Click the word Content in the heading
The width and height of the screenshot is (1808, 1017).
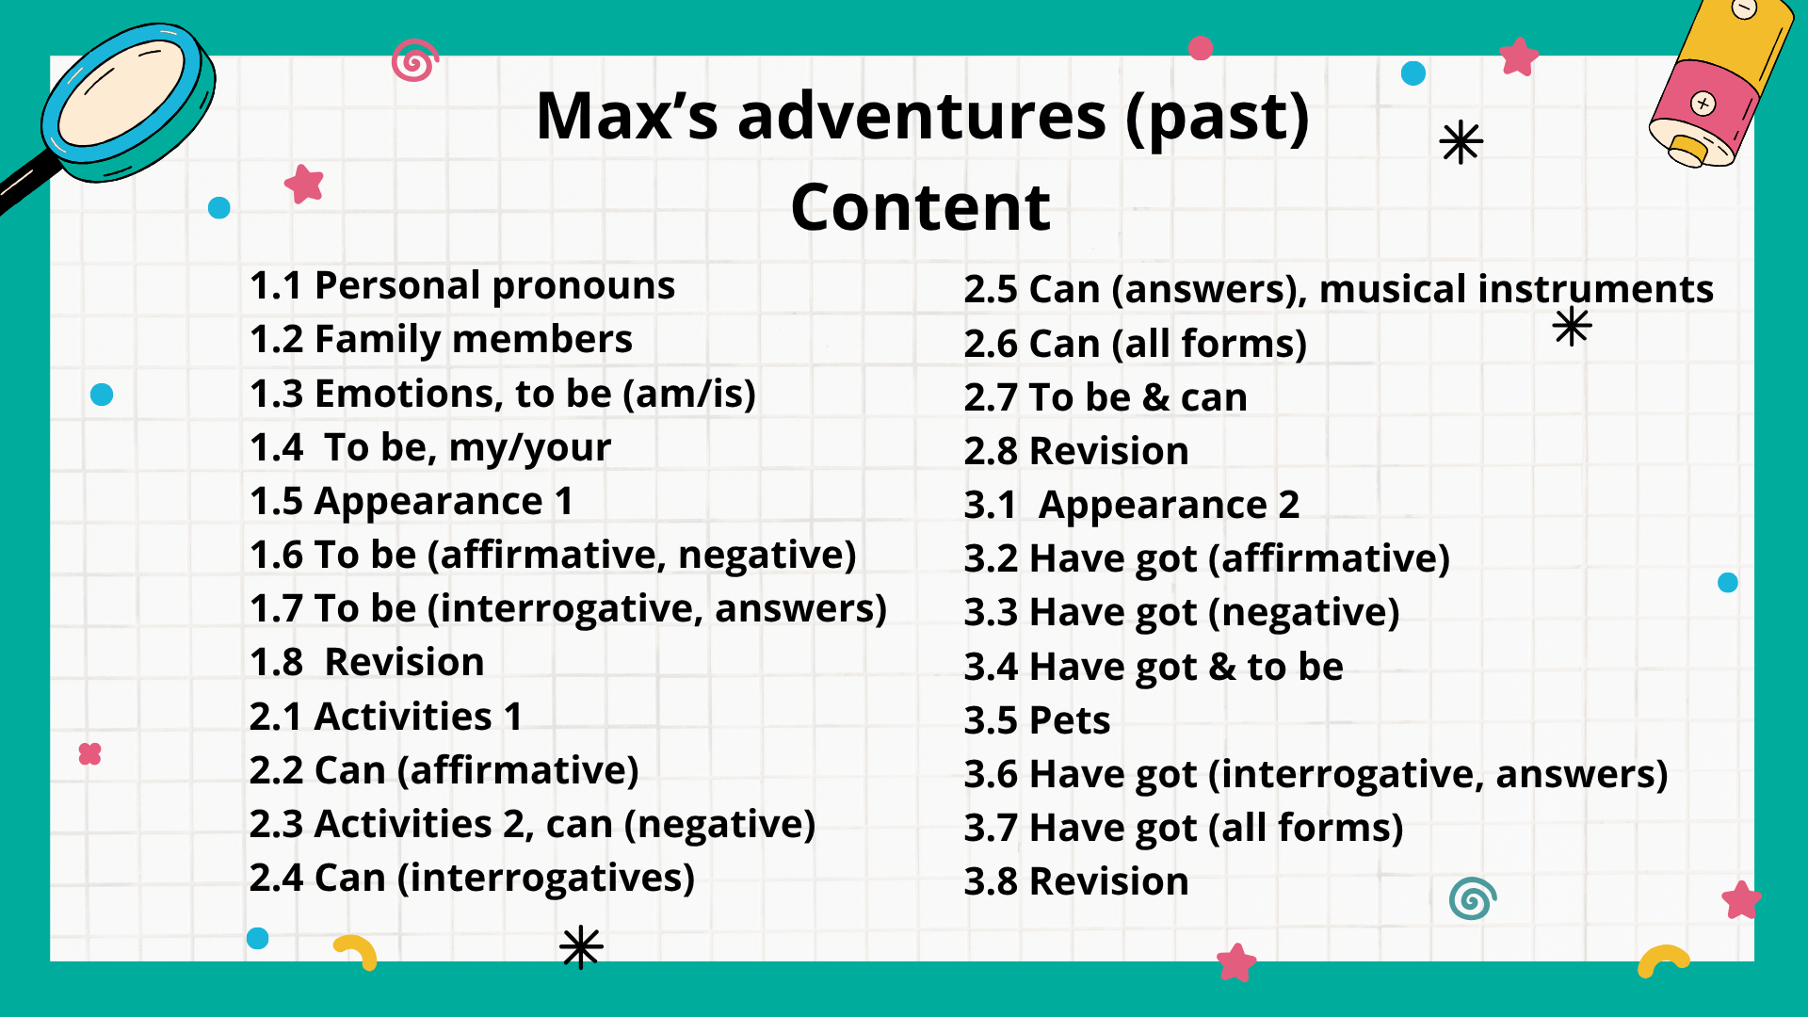pos(920,207)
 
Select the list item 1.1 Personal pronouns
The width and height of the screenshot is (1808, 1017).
pos(462,285)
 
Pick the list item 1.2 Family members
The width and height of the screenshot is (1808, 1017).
pos(441,339)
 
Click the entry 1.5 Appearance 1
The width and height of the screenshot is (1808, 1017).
pos(412,501)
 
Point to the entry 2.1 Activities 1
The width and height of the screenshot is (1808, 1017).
pos(386,717)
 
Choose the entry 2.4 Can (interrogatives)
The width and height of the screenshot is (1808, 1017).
pos(472,878)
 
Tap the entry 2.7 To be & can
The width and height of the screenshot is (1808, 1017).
pos(1106,397)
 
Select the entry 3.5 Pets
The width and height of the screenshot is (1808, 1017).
pos(1037,720)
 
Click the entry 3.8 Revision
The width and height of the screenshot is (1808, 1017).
pos(1076,881)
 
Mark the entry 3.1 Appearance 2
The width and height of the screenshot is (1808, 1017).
pos(1132,506)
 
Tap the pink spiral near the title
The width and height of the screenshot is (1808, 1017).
pos(415,61)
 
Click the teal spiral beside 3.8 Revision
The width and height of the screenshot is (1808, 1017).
pos(1473,898)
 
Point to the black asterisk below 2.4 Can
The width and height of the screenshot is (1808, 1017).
pos(581,947)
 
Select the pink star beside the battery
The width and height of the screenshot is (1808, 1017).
pos(1518,56)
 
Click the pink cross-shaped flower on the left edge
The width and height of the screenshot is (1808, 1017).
pos(89,753)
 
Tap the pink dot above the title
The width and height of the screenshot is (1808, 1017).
pos(1201,48)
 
